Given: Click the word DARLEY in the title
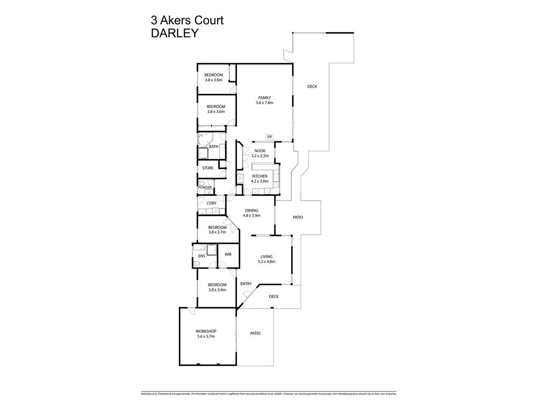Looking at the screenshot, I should point(174,33).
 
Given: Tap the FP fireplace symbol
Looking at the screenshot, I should point(269,137).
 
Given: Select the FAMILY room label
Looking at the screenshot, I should point(264,98).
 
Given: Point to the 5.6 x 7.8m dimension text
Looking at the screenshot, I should point(264,103).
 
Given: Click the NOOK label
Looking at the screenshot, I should point(260,151).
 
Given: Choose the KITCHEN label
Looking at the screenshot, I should point(260,176).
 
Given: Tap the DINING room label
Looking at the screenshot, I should point(251,210).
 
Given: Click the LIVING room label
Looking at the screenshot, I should point(266,257).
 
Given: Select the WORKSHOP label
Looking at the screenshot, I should point(206,331).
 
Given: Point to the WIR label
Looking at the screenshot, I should point(228,254).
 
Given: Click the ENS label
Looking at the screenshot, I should point(201,256).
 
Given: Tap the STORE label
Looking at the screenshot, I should point(208,168).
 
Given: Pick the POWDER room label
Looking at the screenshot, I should point(205,187).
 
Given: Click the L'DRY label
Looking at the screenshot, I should point(211,203).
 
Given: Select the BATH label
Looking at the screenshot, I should point(214,147).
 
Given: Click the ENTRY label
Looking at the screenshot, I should point(246,284).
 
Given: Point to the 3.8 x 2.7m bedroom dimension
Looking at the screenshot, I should point(217,232).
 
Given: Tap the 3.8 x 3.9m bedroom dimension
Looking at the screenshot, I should point(217,290).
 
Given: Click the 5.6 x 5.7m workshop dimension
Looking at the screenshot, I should point(206,336).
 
